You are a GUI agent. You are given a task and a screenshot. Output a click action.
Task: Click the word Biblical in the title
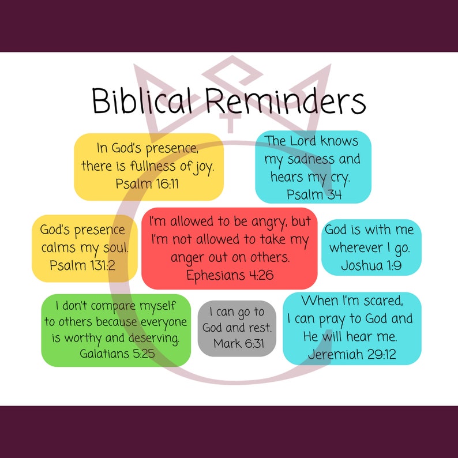coord(141,102)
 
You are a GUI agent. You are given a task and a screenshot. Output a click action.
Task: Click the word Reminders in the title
coord(285,102)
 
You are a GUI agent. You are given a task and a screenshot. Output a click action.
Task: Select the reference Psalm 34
coord(314,194)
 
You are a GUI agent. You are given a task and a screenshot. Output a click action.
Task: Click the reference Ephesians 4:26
coord(230,275)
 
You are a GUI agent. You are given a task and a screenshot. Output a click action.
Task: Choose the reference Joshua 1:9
coord(371,265)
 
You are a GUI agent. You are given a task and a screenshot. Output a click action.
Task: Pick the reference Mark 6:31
coord(237,344)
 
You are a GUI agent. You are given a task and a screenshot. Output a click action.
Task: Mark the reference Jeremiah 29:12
coord(352,354)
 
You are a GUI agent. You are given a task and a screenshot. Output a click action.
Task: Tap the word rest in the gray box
coord(258,328)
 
